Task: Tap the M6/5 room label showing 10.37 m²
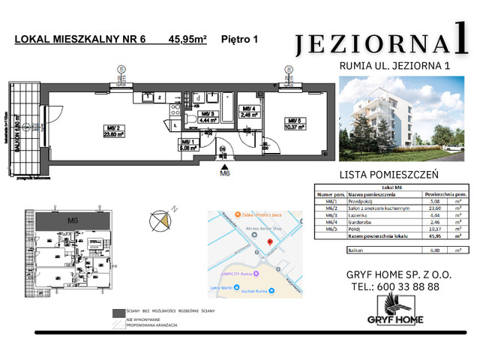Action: pos(293,124)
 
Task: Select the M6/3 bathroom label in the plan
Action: pos(207,116)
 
